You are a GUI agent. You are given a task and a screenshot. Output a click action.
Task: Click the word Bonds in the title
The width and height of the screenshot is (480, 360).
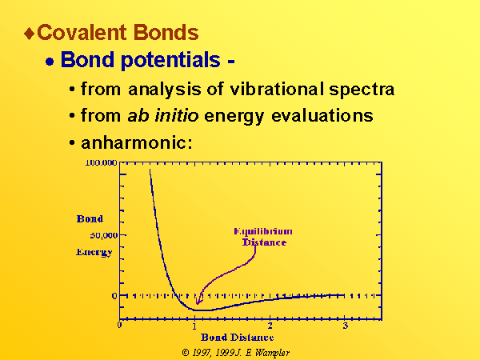tap(166, 32)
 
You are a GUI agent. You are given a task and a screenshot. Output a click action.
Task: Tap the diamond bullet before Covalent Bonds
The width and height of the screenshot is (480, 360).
tap(30, 33)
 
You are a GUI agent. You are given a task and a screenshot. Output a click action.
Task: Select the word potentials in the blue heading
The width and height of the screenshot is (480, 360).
tap(170, 60)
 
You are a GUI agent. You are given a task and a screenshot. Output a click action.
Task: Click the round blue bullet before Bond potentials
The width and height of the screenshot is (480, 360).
tap(50, 62)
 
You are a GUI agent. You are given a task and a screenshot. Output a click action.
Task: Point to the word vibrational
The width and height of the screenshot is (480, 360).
tap(277, 89)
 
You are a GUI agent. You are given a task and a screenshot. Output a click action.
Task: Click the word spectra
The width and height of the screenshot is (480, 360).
tap(362, 90)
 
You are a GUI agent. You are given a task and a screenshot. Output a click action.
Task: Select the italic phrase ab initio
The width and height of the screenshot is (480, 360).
tap(163, 115)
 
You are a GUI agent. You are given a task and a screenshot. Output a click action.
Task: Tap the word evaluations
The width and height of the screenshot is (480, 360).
tap(322, 115)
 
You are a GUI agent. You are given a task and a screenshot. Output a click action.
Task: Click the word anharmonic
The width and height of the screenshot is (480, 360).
tap(137, 142)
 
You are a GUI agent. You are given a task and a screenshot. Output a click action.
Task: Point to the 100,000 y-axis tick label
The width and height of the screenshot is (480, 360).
tap(101, 162)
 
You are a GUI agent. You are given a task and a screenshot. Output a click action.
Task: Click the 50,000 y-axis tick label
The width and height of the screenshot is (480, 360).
tap(104, 235)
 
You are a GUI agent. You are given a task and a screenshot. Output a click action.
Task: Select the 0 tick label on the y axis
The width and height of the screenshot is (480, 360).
tap(114, 296)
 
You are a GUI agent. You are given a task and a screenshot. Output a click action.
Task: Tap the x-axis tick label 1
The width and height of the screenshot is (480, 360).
tap(194, 326)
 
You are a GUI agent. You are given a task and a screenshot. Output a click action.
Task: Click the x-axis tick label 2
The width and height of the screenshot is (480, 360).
tap(270, 326)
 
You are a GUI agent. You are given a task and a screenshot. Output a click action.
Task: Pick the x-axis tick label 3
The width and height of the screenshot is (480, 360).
tap(346, 326)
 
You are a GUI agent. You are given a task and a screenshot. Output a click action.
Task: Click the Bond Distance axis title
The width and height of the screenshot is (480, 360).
tap(238, 338)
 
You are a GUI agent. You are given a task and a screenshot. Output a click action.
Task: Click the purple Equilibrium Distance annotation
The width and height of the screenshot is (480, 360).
tap(263, 237)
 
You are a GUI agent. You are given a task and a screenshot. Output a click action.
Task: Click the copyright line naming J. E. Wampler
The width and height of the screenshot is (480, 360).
tap(236, 353)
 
